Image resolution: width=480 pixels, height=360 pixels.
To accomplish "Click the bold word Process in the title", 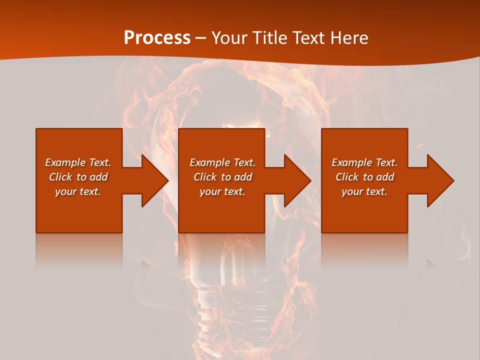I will coord(157,38).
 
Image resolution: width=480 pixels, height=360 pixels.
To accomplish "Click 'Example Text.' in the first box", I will coord(78,162).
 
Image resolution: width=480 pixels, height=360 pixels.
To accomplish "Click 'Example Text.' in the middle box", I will coord(222,162).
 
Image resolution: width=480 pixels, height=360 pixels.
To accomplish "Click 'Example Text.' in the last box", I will coord(364,162).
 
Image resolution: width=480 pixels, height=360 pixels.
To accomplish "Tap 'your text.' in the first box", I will coord(78,191).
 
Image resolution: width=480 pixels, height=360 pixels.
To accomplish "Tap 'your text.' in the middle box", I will coord(222,191).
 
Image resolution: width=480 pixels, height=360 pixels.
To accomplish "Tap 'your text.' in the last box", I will coord(364,191).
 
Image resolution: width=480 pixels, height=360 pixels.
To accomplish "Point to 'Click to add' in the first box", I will coord(78,177).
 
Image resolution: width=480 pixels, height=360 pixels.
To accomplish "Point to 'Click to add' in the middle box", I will coord(222,177).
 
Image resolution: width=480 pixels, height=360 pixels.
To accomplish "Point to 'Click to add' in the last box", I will coord(364,177).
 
